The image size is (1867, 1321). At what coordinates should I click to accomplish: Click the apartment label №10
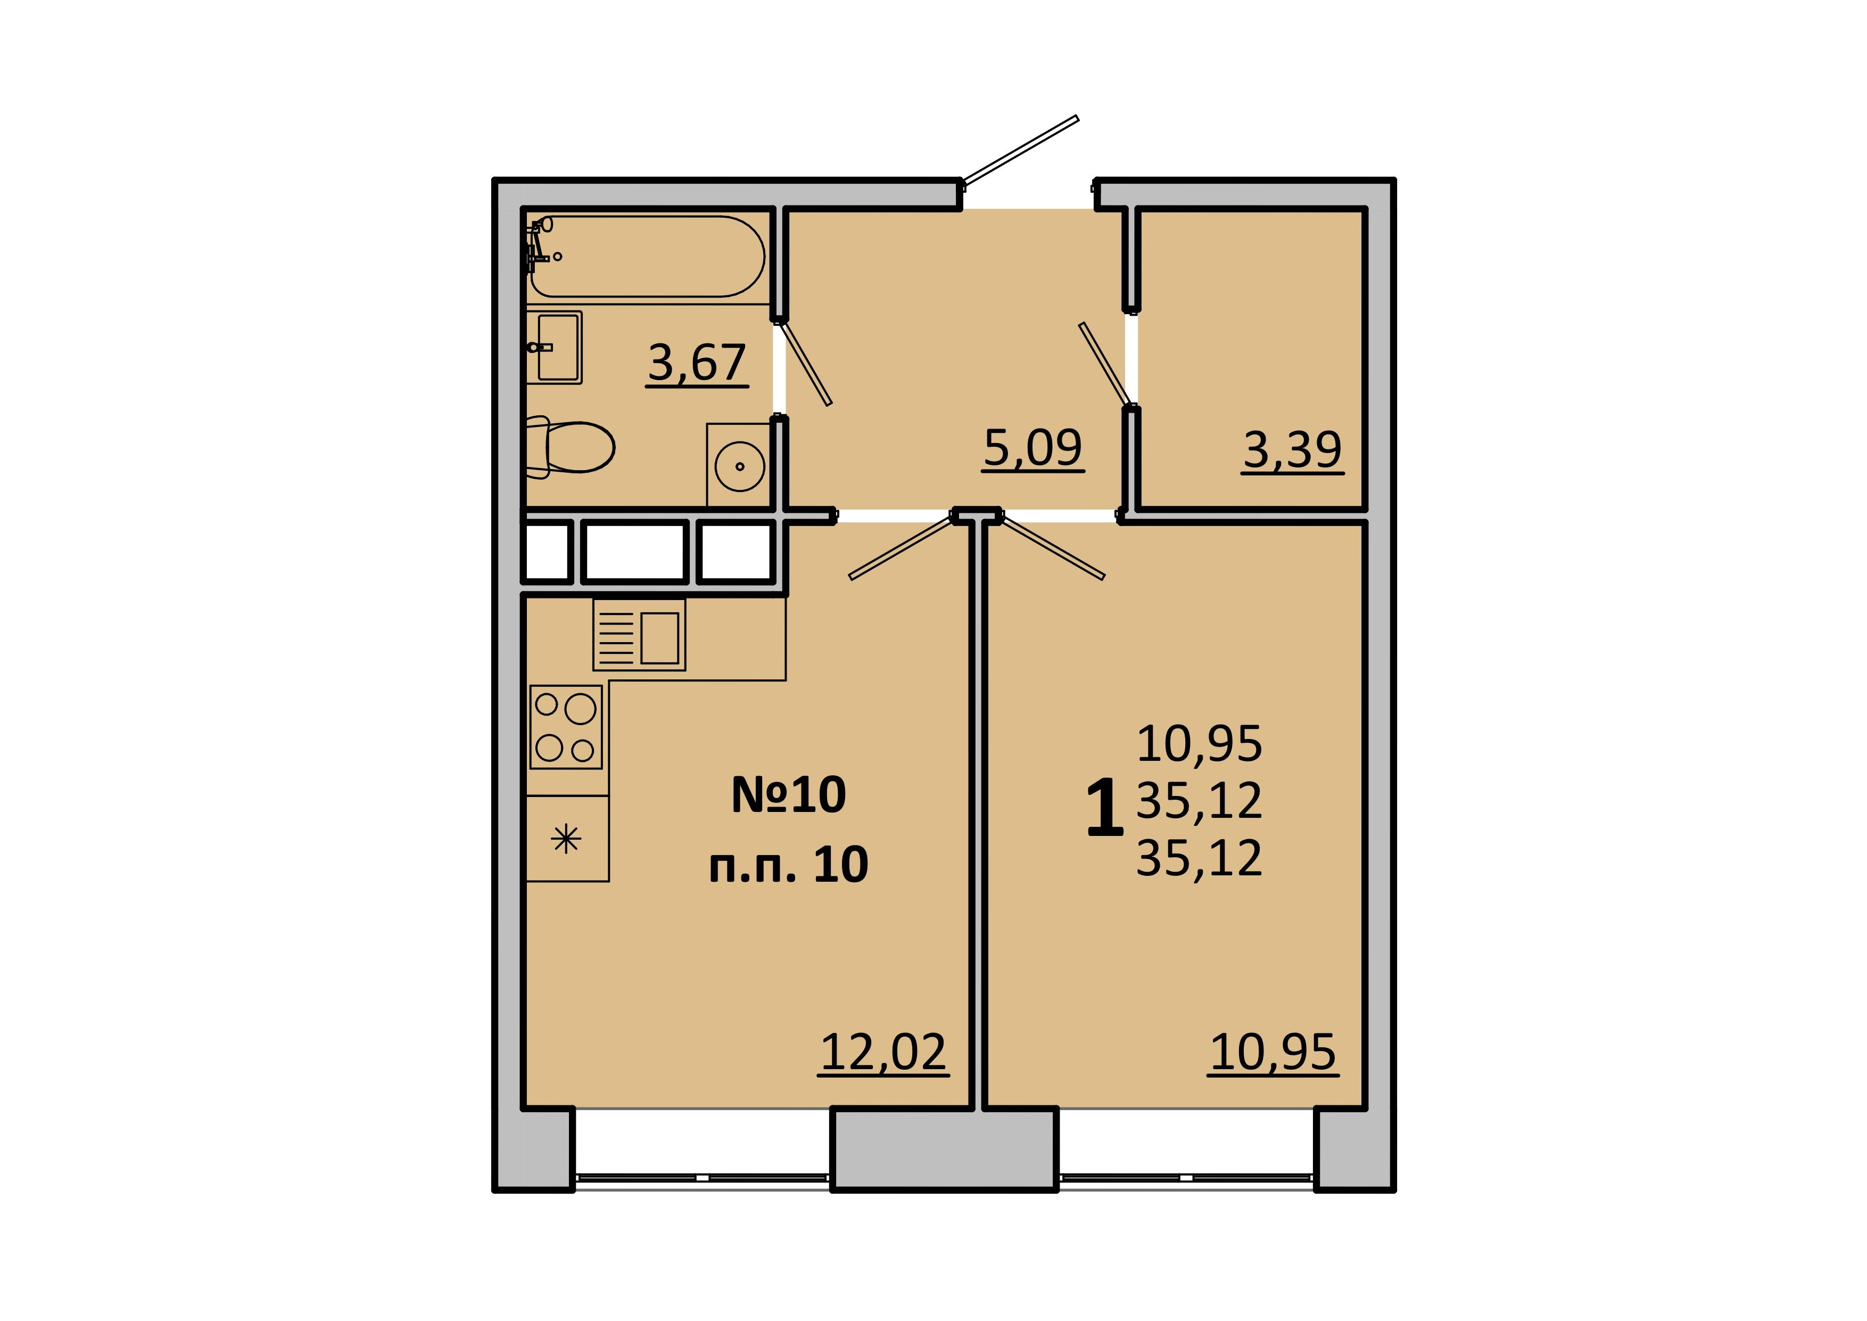pyautogui.click(x=789, y=795)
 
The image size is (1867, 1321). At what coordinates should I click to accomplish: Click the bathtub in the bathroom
pyautogui.click(x=647, y=256)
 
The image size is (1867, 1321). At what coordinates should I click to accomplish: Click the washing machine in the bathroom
pyautogui.click(x=738, y=465)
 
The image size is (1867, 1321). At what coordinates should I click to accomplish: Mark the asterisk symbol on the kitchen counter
pyautogui.click(x=566, y=839)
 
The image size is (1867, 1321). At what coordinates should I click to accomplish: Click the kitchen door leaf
pyautogui.click(x=901, y=547)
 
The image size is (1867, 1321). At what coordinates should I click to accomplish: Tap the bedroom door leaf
pyautogui.click(x=1052, y=547)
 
